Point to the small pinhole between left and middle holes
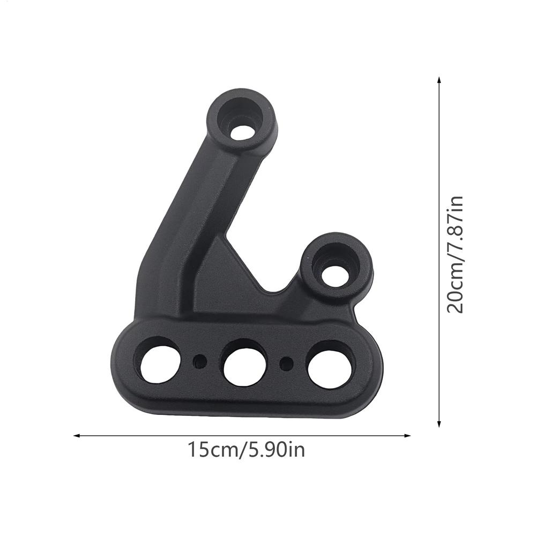coord(200,361)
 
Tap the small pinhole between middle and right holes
coord(287,362)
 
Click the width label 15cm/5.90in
coord(246,449)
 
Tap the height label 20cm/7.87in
coord(455,254)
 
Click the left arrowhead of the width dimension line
coord(76,435)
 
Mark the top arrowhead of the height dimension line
coord(439,80)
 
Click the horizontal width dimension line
coord(241,435)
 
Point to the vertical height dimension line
coord(439,252)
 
